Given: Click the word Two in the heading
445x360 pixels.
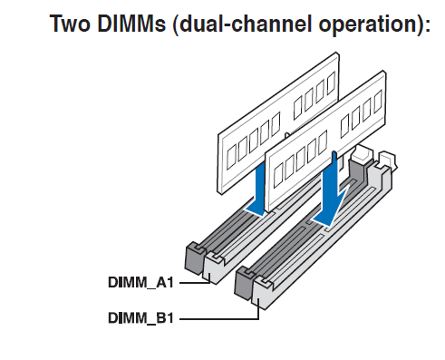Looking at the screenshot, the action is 70,24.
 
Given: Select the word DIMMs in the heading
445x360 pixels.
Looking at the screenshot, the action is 131,24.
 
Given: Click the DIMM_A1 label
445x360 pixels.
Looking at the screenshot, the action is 140,282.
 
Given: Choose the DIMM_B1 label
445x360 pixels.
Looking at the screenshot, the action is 140,318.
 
